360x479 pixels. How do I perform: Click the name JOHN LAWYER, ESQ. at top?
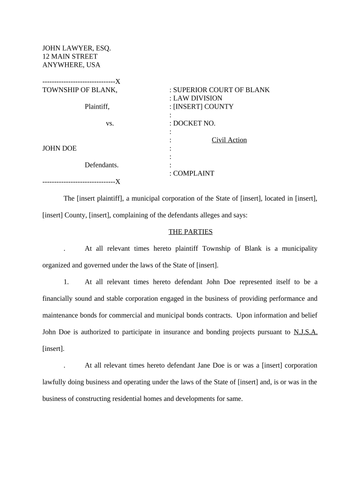pyautogui.click(x=77, y=48)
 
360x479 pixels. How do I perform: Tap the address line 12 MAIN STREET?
pyautogui.click(x=70, y=57)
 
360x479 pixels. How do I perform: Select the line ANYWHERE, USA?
pyautogui.click(x=71, y=65)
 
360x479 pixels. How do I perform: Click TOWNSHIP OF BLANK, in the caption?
pyautogui.click(x=80, y=90)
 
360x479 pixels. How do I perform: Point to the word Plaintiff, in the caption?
pyautogui.click(x=97, y=107)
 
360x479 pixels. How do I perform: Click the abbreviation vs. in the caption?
pyautogui.click(x=110, y=123)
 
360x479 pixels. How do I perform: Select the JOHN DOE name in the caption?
pyautogui.click(x=59, y=148)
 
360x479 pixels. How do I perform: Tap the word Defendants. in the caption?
pyautogui.click(x=101, y=165)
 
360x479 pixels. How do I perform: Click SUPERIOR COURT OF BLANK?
pyautogui.click(x=221, y=90)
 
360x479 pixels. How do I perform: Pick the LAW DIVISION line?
pyautogui.click(x=197, y=98)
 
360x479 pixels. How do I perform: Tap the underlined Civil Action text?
pyautogui.click(x=229, y=140)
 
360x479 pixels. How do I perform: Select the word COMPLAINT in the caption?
pyautogui.click(x=194, y=174)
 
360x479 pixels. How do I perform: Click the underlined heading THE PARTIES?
pyautogui.click(x=190, y=232)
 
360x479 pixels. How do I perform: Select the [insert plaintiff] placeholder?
pyautogui.click(x=100, y=198)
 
